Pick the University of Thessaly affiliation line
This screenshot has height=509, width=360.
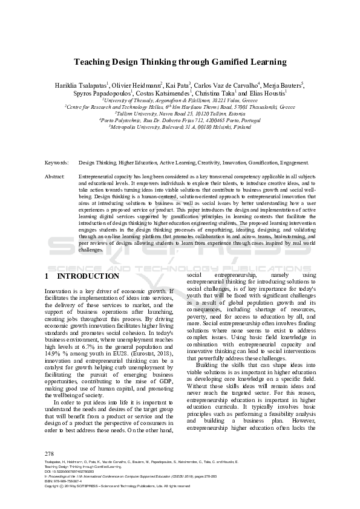point(179,99)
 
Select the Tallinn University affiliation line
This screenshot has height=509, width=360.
point(179,112)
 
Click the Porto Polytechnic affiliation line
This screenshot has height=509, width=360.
point(179,120)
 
